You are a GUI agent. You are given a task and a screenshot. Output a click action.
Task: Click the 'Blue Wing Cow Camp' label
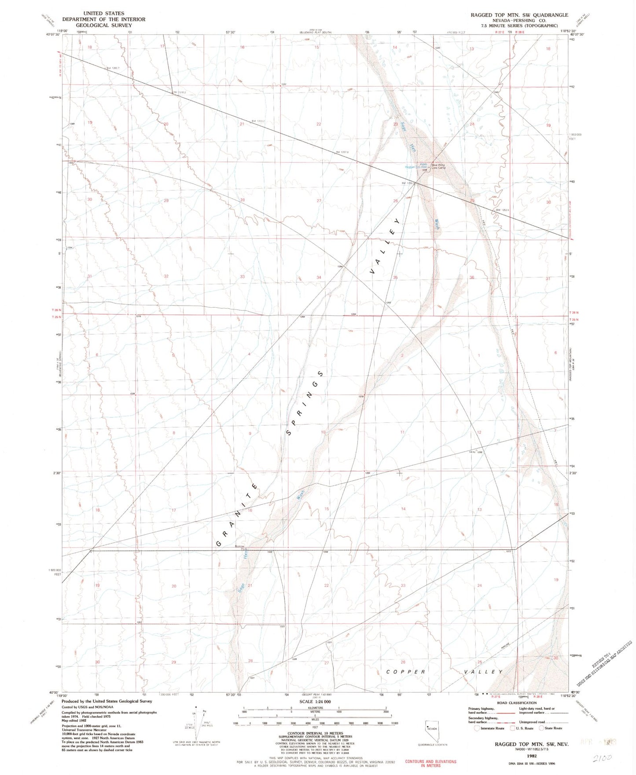point(438,167)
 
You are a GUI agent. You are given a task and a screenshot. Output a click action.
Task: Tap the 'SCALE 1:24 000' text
point(315,702)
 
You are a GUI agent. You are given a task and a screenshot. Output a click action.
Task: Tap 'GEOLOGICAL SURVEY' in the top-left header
point(103,25)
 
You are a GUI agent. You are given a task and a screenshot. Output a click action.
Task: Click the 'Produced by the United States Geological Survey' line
point(107,701)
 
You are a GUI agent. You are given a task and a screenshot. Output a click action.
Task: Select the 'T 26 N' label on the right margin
point(574,313)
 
